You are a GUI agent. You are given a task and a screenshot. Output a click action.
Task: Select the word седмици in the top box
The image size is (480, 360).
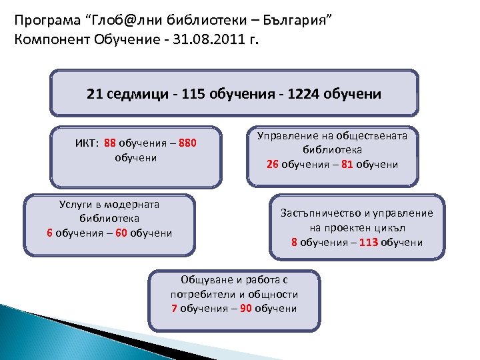tap(131, 94)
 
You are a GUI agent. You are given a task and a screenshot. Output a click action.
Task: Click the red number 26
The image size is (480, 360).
tap(272, 164)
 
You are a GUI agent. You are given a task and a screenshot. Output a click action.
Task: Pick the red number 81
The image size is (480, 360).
tap(347, 164)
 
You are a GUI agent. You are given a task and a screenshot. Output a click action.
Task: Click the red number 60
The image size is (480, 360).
tap(121, 233)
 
